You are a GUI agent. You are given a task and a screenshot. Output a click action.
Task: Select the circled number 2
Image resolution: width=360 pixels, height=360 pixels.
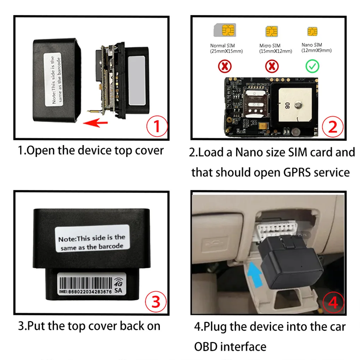pyautogui.click(x=332, y=126)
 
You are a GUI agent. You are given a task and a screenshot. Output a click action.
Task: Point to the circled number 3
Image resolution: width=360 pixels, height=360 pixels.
pyautogui.click(x=155, y=302)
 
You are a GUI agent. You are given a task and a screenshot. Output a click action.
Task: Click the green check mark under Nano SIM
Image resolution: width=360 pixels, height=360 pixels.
pyautogui.click(x=312, y=66)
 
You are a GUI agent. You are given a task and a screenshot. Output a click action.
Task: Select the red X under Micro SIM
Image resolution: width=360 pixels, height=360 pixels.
pyautogui.click(x=271, y=66)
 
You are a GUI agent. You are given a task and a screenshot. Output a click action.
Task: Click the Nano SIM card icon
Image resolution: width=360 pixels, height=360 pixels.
pyautogui.click(x=312, y=31)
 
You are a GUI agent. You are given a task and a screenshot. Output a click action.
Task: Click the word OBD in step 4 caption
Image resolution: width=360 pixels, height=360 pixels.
pyautogui.click(x=207, y=346)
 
